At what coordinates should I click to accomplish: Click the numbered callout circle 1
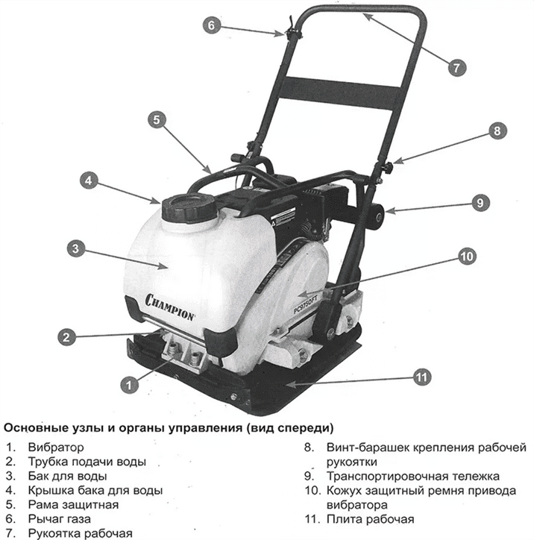click(x=129, y=385)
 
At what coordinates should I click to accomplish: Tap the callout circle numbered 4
click(x=89, y=180)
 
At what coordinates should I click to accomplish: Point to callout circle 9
click(x=480, y=202)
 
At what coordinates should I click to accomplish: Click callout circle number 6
click(x=212, y=25)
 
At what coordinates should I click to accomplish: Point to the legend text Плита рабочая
click(x=365, y=518)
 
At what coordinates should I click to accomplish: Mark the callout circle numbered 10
click(x=465, y=257)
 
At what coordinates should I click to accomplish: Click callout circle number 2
click(x=67, y=336)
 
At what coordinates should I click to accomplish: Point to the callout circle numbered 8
click(x=497, y=130)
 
